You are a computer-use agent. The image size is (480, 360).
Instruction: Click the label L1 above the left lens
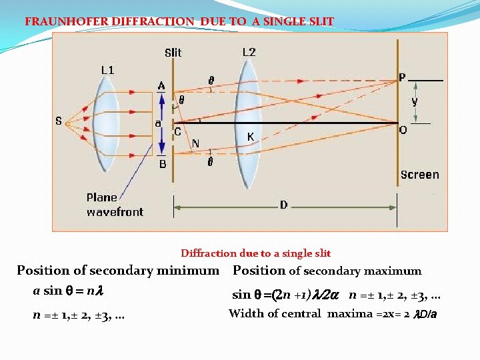tap(107, 69)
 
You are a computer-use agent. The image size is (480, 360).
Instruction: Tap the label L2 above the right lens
tap(249, 52)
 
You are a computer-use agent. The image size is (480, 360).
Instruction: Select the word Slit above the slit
tap(173, 53)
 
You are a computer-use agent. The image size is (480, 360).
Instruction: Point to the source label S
tap(59, 121)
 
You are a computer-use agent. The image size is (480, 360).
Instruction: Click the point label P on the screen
tap(402, 78)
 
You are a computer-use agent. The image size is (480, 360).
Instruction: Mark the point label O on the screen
tap(403, 131)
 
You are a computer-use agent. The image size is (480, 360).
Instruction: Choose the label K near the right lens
tap(250, 137)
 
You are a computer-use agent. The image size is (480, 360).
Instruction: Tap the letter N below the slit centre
tap(195, 143)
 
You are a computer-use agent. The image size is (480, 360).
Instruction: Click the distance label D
tap(284, 205)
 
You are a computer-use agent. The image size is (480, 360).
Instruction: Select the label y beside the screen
tap(415, 101)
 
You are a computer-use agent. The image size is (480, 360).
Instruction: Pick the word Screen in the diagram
tap(420, 175)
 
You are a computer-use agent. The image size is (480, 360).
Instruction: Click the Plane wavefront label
tap(115, 205)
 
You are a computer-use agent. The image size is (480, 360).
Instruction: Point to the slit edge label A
tap(161, 86)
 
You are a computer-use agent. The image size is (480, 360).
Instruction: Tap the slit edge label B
tap(162, 163)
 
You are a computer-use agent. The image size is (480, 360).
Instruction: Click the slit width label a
tap(158, 123)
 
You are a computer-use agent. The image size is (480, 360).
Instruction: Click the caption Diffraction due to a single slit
tap(255, 253)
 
